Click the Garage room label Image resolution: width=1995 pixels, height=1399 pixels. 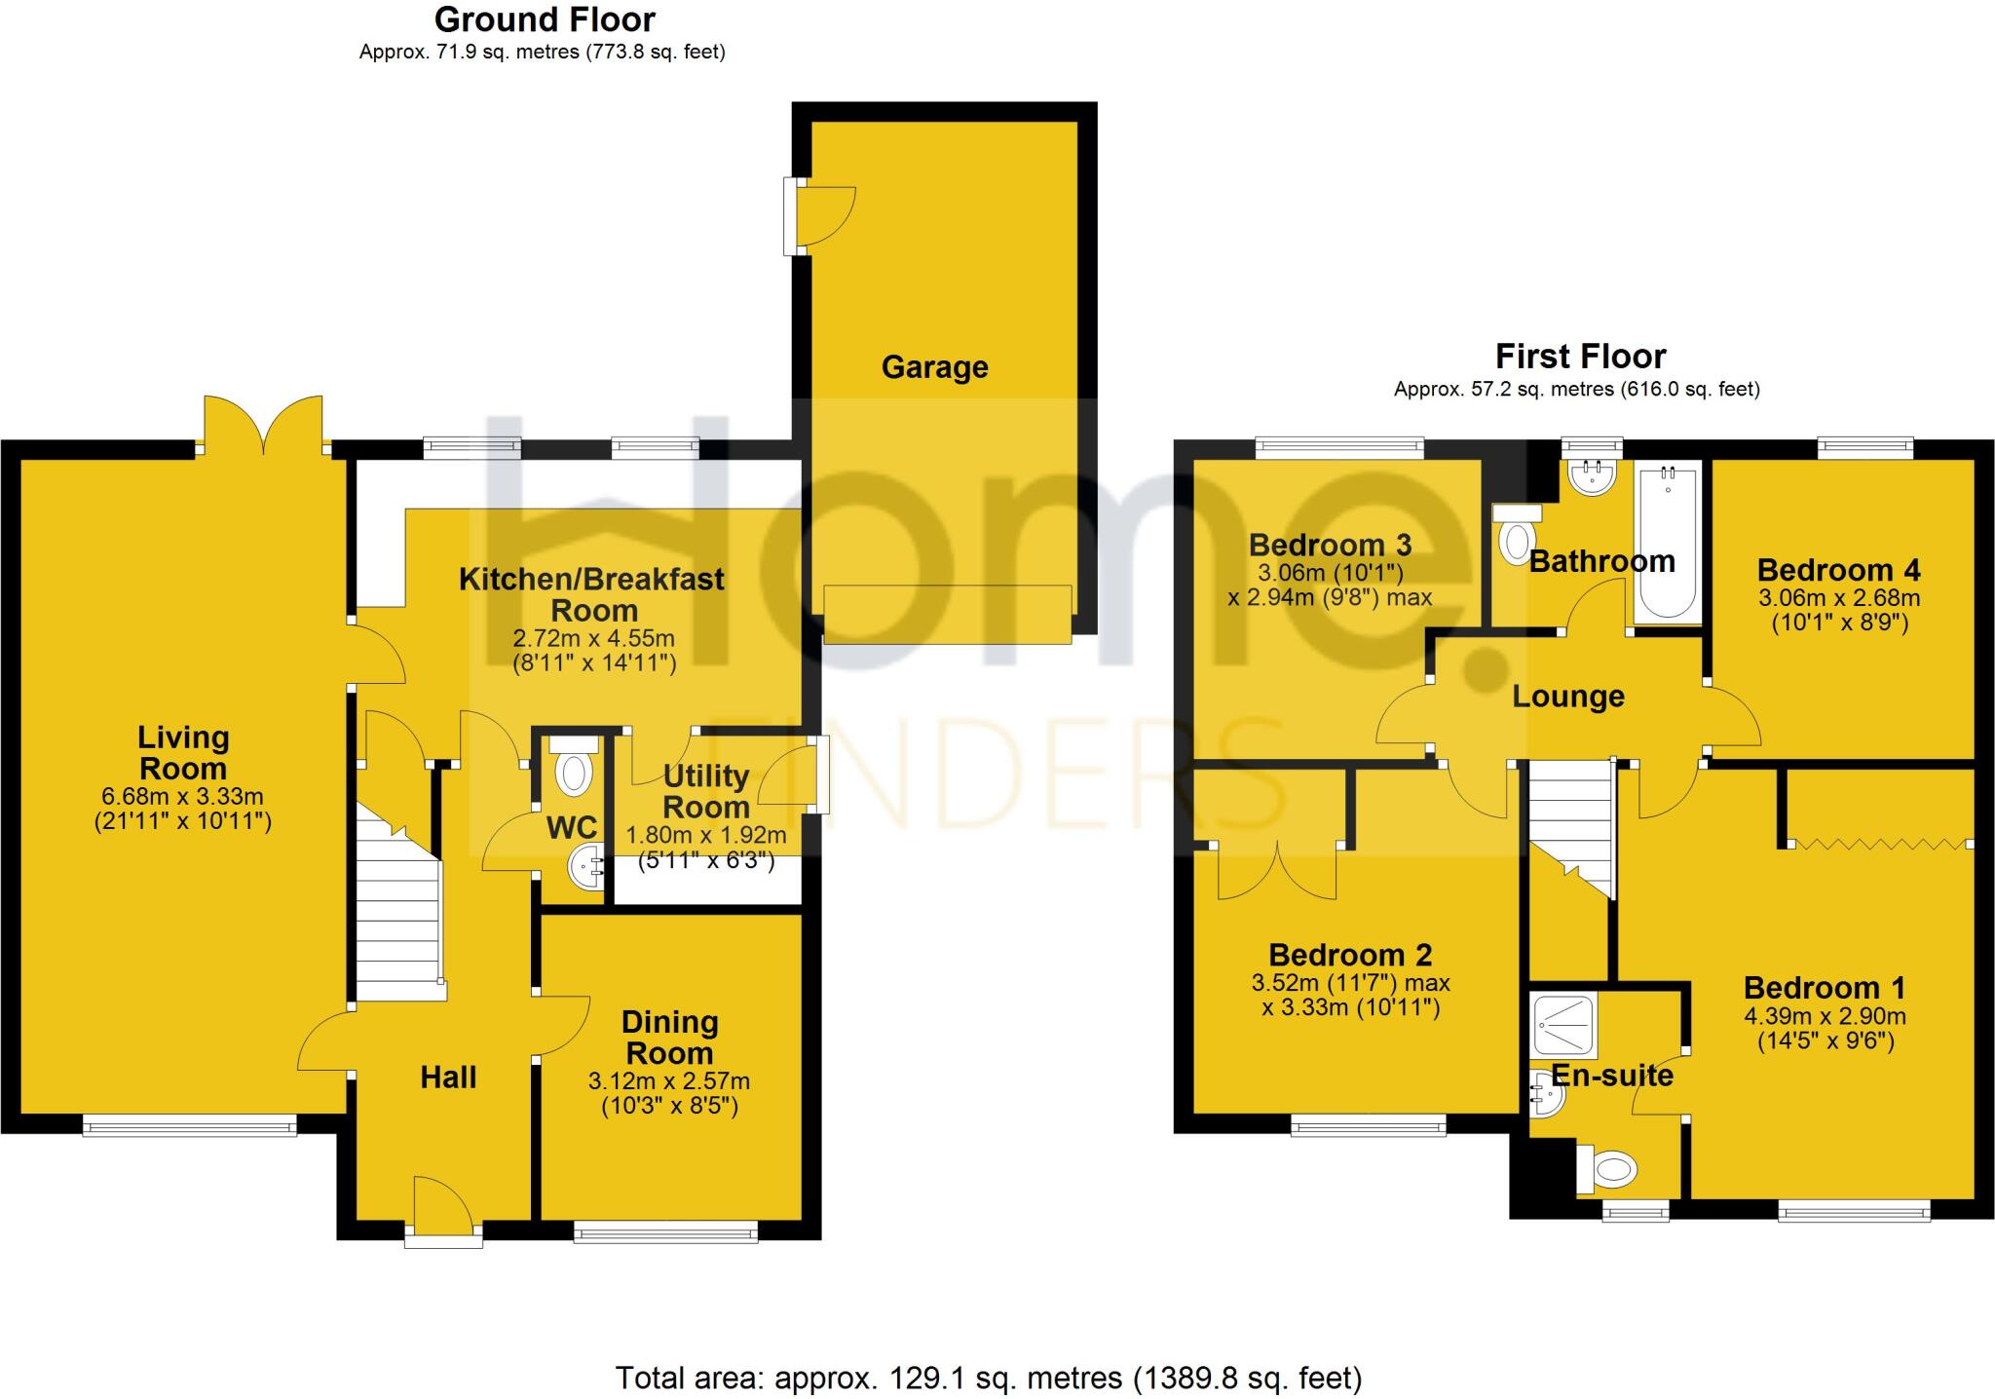pos(934,367)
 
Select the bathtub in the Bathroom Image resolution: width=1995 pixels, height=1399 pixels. pos(1668,542)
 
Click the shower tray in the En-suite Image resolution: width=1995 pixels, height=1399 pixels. pos(1563,1024)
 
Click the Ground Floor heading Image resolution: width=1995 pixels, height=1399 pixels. pos(545,19)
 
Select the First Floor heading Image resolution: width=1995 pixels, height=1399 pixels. pos(1580,357)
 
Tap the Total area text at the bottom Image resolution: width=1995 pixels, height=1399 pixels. pos(988,1378)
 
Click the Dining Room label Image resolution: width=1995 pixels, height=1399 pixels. pos(669,1037)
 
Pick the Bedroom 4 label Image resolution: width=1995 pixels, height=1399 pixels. pos(1838,570)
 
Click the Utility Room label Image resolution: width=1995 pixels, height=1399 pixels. pos(705,791)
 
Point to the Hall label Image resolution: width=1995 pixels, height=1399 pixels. pos(448,1077)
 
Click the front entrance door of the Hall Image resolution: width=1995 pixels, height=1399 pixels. pos(443,1213)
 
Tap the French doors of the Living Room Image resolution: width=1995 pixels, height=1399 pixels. pos(263,425)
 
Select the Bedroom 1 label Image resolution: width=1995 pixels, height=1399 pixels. pos(1824,988)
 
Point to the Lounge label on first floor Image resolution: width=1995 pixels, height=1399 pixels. pos(1567,697)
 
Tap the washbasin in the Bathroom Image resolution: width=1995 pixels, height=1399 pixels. pos(1592,476)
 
